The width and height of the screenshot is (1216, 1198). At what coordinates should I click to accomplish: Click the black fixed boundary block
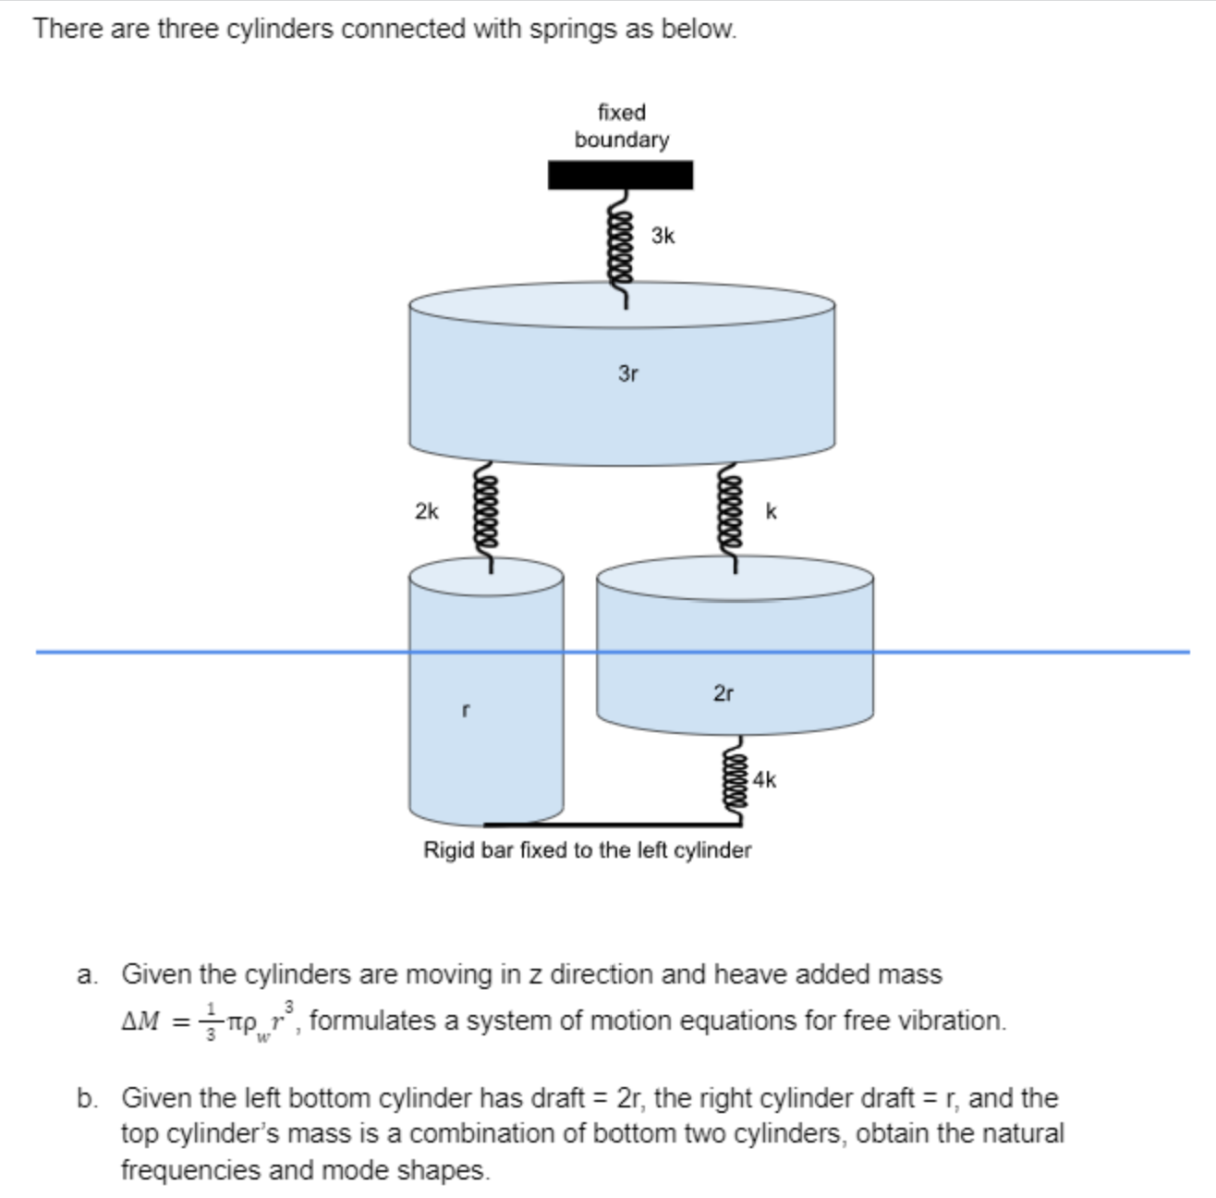click(620, 175)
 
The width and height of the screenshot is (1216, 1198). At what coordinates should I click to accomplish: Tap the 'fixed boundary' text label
click(621, 126)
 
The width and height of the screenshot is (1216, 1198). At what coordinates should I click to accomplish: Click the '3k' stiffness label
click(663, 236)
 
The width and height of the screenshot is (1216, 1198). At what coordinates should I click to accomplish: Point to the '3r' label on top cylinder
click(628, 373)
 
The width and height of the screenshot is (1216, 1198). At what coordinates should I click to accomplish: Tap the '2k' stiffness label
click(427, 511)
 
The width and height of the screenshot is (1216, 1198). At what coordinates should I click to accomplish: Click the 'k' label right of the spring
click(772, 511)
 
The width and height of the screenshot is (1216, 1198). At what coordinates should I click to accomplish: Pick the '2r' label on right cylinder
click(724, 692)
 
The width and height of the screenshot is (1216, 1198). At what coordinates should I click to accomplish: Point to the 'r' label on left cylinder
click(466, 711)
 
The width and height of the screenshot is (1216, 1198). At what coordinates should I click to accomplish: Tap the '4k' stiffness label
click(764, 779)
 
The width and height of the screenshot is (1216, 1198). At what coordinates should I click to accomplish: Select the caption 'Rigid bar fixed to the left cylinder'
click(587, 850)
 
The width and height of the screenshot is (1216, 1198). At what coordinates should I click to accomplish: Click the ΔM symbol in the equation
click(142, 1021)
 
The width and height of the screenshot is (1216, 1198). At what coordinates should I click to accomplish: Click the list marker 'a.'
click(88, 974)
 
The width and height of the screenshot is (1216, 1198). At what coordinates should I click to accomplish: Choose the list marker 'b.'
click(88, 1098)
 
